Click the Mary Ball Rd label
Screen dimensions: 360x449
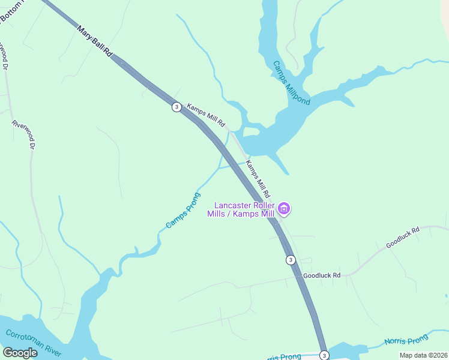pos(95,41)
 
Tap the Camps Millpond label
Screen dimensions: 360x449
pos(292,83)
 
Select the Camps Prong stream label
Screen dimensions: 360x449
pos(182,210)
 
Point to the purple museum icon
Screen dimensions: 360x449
pos(285,209)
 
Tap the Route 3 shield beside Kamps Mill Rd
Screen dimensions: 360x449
pos(176,107)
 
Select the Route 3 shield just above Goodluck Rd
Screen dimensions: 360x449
pos(291,260)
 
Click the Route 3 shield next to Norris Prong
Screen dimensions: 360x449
pos(324,355)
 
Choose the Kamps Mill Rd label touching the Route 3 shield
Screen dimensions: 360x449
pos(206,115)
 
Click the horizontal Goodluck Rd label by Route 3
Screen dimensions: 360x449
pos(322,275)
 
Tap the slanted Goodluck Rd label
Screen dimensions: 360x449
pos(402,237)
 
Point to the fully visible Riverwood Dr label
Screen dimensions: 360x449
pos(25,134)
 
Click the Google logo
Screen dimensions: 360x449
pos(20,353)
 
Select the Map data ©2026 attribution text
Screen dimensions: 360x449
pos(424,355)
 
